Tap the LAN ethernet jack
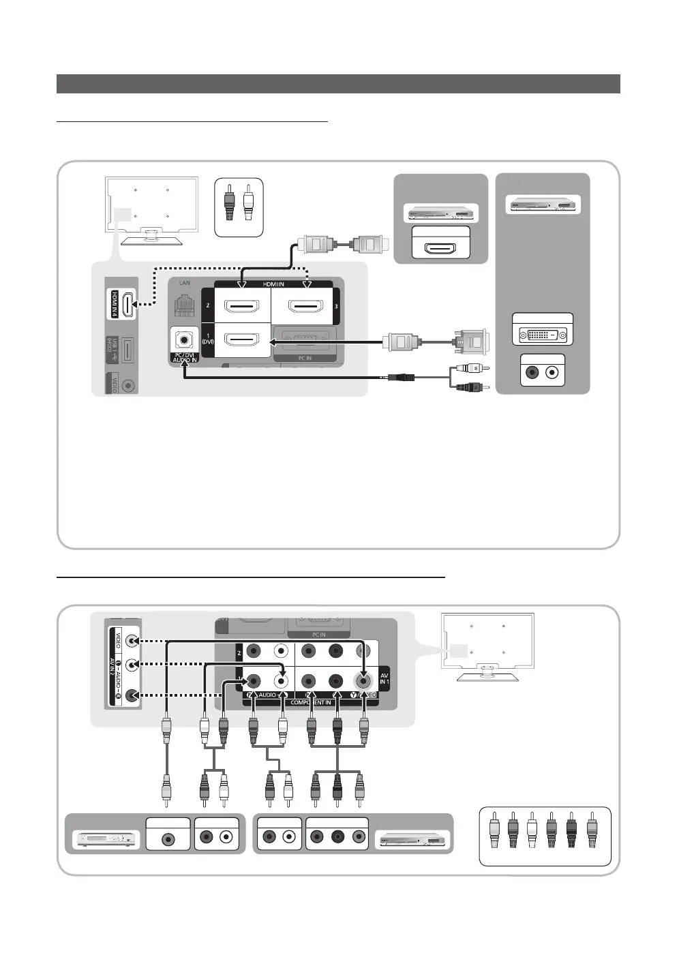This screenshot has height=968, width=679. click(185, 304)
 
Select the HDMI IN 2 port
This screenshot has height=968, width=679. click(242, 305)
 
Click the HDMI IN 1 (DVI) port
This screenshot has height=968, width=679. click(242, 339)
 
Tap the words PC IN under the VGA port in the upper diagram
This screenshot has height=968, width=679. click(305, 358)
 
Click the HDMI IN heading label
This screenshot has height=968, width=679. click(273, 284)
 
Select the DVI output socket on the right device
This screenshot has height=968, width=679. click(543, 334)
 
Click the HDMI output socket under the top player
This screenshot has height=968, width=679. click(441, 247)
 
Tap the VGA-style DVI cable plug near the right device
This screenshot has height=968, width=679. click(470, 341)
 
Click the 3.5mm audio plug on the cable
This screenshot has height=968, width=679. click(402, 376)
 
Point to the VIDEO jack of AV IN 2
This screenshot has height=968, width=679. click(132, 641)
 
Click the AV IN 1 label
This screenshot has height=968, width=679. click(384, 678)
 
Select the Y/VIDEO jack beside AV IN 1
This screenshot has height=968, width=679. click(363, 680)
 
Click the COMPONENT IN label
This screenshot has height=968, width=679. click(311, 702)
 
